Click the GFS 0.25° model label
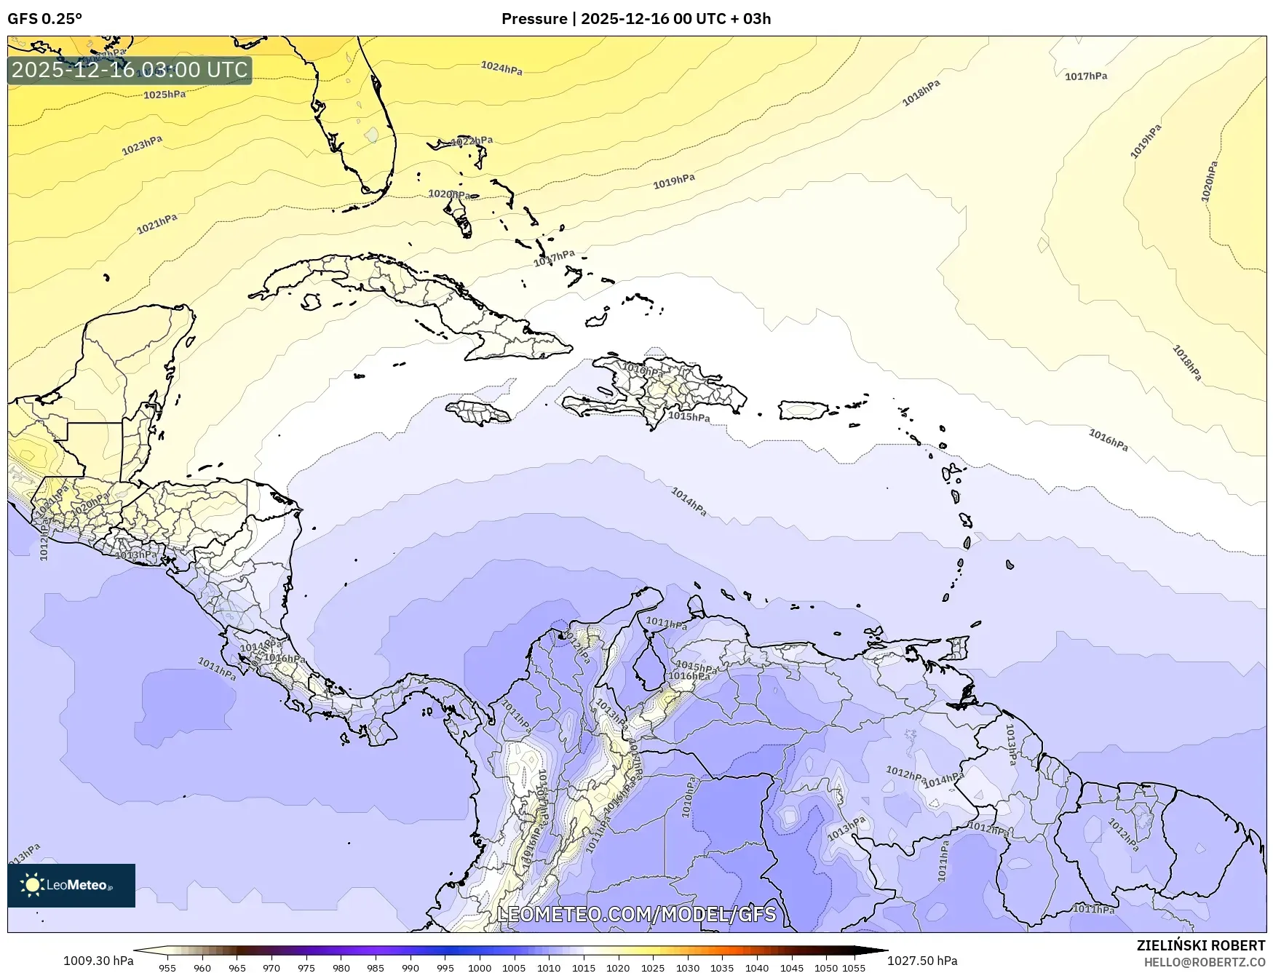tap(44, 19)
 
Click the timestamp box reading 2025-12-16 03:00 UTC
tap(130, 70)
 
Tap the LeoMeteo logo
tap(71, 885)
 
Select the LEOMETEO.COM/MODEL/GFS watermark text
tap(636, 914)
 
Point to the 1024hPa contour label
tap(501, 68)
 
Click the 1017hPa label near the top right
tap(1085, 76)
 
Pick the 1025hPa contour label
tap(164, 95)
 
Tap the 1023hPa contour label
tap(142, 145)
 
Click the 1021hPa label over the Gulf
tap(157, 224)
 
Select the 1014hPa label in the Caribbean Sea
tap(688, 502)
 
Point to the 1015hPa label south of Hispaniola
tap(689, 417)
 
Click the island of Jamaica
tap(479, 413)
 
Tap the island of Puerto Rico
tap(804, 410)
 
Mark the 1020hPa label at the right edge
tap(1208, 182)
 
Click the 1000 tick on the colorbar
tap(479, 968)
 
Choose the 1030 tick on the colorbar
tap(687, 968)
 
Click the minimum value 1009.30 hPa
tap(98, 961)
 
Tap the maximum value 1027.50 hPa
tap(922, 961)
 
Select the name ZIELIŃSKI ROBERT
tap(1200, 945)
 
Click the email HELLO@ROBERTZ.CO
tap(1204, 962)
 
